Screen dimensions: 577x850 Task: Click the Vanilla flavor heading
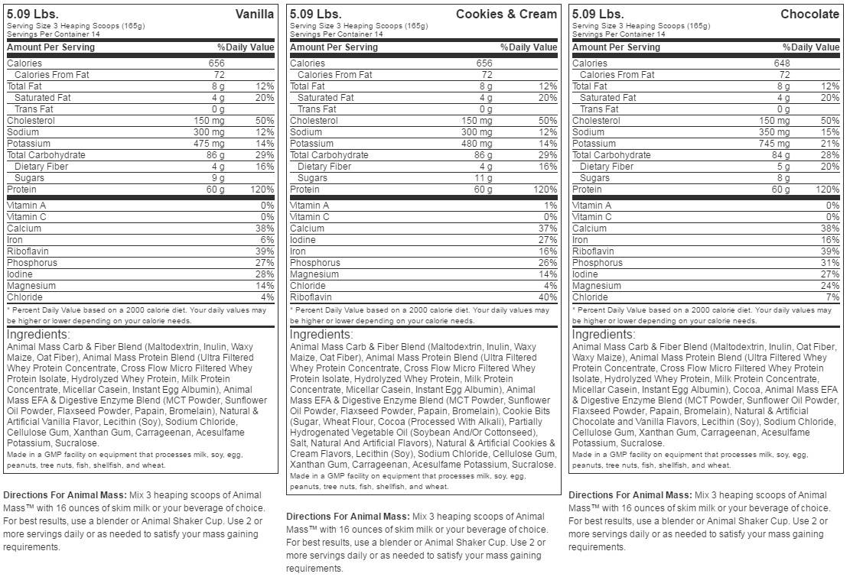[x=255, y=14]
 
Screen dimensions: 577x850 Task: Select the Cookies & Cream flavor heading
[x=506, y=14]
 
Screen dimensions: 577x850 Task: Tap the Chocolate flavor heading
[x=809, y=14]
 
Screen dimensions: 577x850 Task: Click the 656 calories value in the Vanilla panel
[x=217, y=63]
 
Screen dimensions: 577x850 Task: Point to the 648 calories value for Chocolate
[x=782, y=63]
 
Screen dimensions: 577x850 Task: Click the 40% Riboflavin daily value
[x=548, y=297]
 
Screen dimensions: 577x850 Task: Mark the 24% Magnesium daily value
[x=830, y=286]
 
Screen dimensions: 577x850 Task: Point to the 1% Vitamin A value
[x=550, y=206]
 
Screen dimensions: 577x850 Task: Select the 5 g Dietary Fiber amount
[x=783, y=167]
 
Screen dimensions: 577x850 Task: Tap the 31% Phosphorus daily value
[x=830, y=263]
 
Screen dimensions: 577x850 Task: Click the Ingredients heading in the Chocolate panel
[x=602, y=335]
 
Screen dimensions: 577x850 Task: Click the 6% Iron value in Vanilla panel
[x=267, y=240]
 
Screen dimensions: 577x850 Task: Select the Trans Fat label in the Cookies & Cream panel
[x=318, y=109]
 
